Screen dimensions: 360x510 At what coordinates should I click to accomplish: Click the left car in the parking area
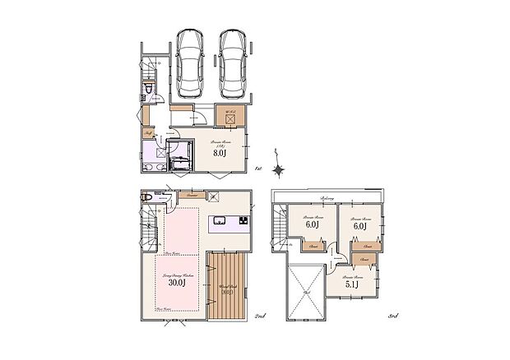[x=189, y=62]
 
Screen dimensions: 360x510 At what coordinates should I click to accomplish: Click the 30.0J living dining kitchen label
[x=176, y=282]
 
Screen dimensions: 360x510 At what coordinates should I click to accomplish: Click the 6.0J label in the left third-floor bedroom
[x=312, y=224]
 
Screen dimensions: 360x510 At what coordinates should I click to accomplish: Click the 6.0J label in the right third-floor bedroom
[x=358, y=224]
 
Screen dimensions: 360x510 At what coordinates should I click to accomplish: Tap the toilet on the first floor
[x=148, y=90]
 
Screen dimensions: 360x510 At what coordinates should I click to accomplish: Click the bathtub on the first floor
[x=179, y=155]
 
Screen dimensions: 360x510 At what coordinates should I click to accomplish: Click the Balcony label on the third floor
[x=327, y=198]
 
